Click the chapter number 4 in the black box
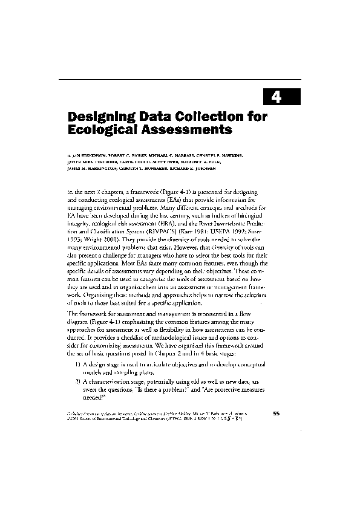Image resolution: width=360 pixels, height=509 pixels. pos(275,96)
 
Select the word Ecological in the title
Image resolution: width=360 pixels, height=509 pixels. pos(100,129)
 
